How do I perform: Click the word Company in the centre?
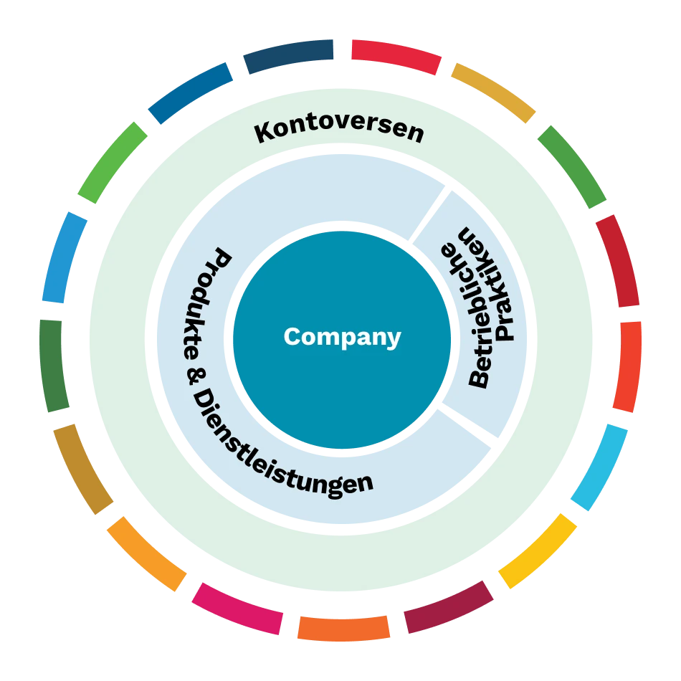342,337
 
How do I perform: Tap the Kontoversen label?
339,131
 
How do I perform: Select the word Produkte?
212,301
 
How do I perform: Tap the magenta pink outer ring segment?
237,608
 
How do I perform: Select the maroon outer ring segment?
448,606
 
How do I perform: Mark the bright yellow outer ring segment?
538,550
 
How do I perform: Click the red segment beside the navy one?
396,56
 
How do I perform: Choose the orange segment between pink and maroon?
344,627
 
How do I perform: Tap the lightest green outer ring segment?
112,163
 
